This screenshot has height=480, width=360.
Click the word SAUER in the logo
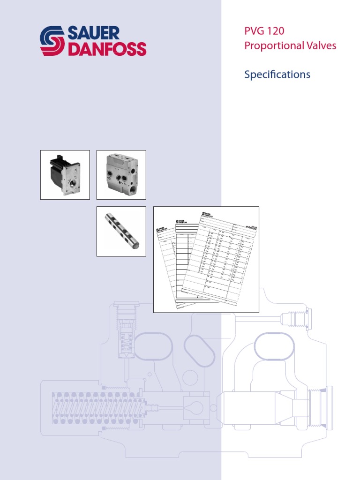point(94,33)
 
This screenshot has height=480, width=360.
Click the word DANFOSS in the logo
point(107,49)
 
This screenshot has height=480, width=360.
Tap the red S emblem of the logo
point(52,41)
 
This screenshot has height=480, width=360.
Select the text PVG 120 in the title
point(264,31)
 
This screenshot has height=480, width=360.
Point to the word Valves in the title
point(321,46)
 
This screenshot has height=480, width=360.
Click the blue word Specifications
point(277,74)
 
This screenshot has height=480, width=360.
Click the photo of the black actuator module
point(65,175)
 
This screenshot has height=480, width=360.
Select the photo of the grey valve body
point(121,175)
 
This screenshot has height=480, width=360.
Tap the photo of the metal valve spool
point(121,231)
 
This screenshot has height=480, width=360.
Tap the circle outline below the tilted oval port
point(190,377)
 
